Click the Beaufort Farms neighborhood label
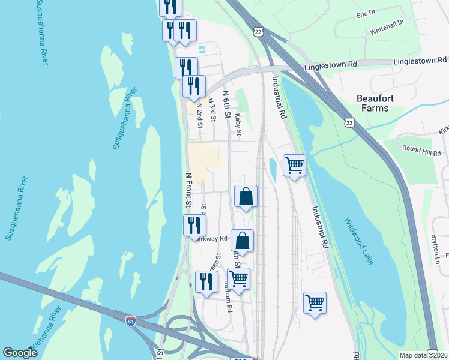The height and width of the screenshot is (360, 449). [x=381, y=103]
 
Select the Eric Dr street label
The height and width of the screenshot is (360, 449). [x=365, y=13]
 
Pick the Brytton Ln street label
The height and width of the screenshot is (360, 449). [x=436, y=248]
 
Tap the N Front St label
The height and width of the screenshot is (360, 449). [x=188, y=191]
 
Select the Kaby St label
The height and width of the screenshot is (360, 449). [x=238, y=124]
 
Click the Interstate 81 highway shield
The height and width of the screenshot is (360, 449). [x=131, y=321]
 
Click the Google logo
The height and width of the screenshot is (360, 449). [x=20, y=353]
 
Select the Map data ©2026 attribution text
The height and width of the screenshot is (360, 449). [x=423, y=355]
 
